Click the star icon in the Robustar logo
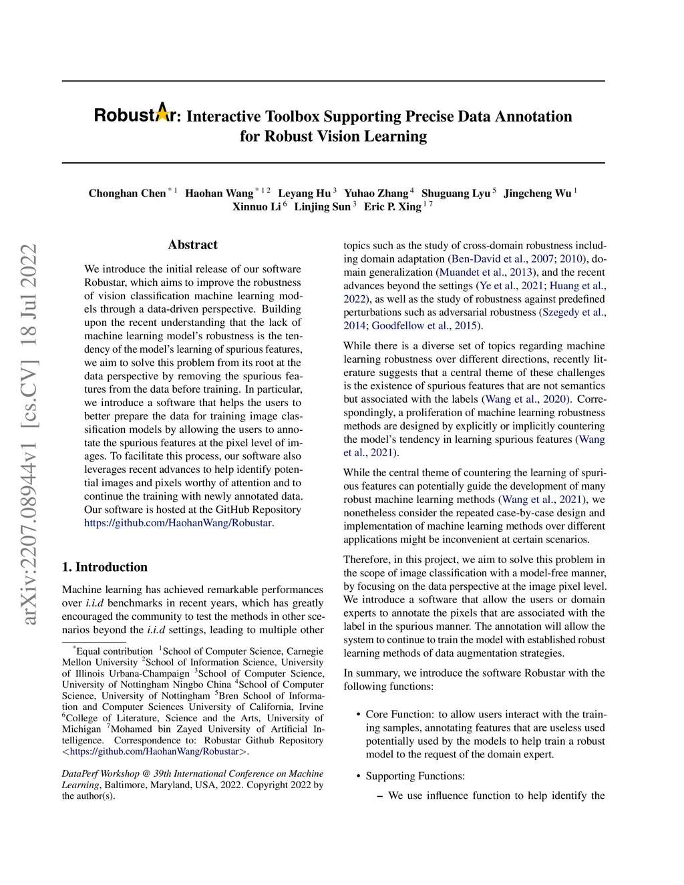tap(162, 113)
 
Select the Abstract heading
tap(192, 245)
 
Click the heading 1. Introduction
tap(105, 567)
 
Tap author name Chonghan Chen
tap(127, 194)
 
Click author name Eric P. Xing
tap(393, 207)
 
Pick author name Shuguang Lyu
tap(456, 194)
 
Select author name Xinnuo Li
tap(256, 207)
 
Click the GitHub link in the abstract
tap(178, 523)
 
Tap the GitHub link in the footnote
tap(154, 751)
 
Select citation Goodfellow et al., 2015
tap(425, 326)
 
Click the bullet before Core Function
tap(359, 715)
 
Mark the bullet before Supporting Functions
tap(359, 776)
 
